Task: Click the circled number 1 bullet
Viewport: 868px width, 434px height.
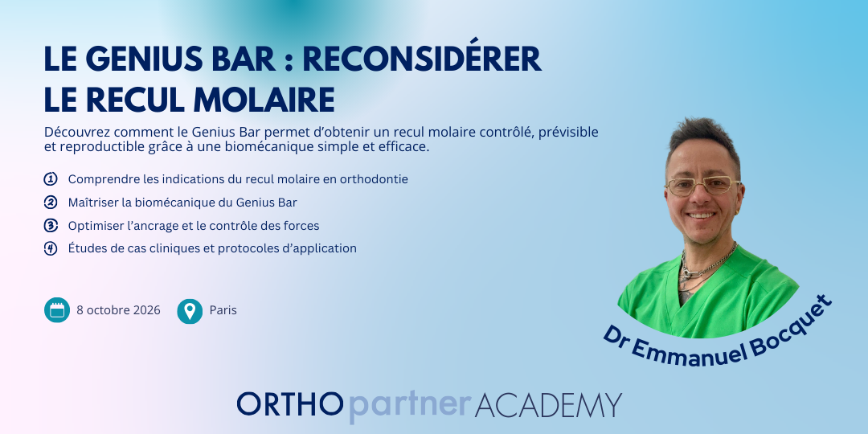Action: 51,179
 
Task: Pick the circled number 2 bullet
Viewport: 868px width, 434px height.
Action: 51,203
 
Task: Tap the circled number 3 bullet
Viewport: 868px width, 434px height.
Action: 51,226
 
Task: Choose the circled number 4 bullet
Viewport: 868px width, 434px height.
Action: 51,248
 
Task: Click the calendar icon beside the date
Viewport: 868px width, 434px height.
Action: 57,310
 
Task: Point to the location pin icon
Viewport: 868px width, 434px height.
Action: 190,310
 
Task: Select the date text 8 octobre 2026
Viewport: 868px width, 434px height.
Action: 118,310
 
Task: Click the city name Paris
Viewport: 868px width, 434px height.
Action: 223,310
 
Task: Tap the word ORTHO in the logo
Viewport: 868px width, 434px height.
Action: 290,404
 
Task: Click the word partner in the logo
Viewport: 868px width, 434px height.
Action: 408,406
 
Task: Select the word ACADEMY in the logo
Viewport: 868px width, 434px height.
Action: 548,404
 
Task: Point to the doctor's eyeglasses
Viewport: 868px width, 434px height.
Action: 703,186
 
